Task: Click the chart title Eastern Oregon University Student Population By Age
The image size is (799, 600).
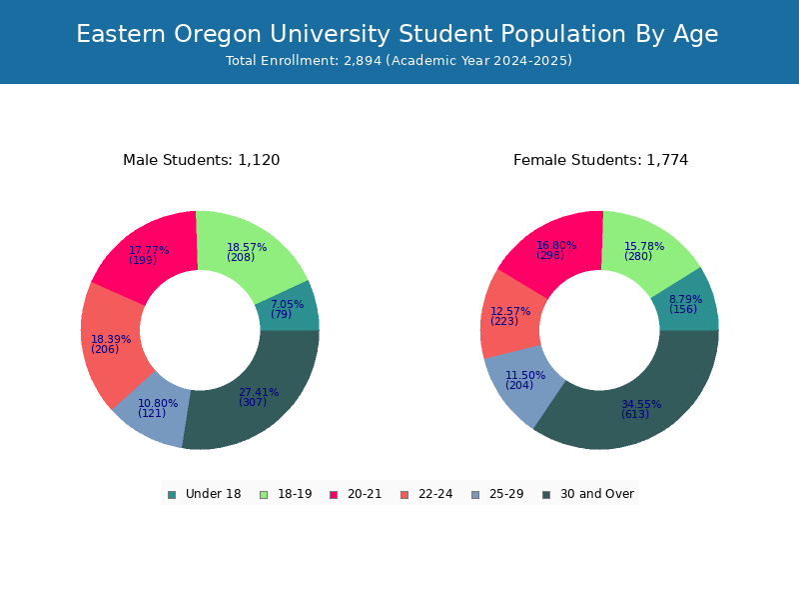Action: click(397, 34)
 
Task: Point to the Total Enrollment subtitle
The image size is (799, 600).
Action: click(399, 61)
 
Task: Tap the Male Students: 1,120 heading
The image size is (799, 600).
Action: click(202, 160)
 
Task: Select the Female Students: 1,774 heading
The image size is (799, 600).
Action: click(601, 160)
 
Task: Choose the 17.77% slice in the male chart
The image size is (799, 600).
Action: click(149, 254)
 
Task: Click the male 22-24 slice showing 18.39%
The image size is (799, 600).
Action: click(110, 344)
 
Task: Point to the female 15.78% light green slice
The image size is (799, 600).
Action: click(645, 251)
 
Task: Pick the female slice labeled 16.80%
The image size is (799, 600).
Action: click(555, 250)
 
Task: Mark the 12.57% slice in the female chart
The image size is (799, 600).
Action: click(509, 316)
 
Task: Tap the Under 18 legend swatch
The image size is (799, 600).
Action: click(172, 495)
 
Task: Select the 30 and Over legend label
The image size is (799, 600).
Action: click(597, 494)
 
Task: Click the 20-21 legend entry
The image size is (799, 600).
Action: click(356, 494)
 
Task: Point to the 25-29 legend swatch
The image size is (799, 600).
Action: click(475, 495)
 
